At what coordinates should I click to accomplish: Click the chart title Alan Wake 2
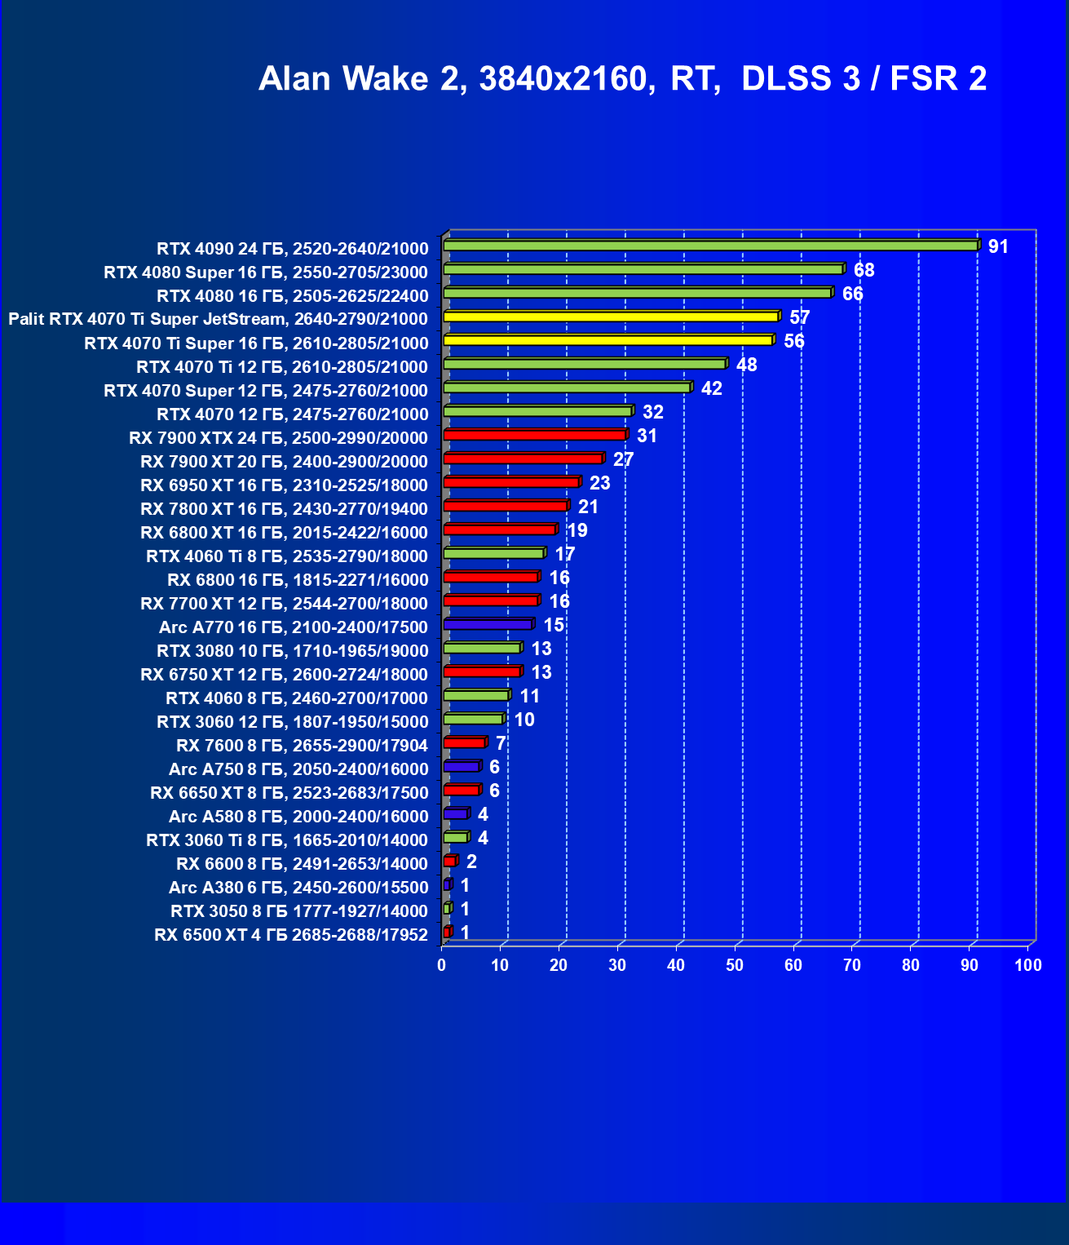point(622,78)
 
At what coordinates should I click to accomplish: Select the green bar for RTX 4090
point(710,246)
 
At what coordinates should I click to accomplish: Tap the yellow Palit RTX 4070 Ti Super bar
point(611,317)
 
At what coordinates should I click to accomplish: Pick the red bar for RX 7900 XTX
point(535,435)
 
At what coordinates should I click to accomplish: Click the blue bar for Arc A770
point(488,624)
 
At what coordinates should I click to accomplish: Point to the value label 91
point(998,246)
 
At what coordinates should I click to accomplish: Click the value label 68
point(864,270)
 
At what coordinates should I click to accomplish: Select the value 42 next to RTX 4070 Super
point(711,388)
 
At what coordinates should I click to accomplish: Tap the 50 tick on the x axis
point(735,966)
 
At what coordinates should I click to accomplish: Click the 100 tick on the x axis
point(1028,966)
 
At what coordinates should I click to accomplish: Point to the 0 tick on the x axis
point(442,966)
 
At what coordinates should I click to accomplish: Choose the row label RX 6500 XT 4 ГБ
point(291,935)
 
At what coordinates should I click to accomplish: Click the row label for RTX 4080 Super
point(266,272)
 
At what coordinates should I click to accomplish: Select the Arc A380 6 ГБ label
point(298,888)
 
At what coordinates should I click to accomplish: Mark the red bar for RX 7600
point(465,742)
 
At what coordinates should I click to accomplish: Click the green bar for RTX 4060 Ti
point(493,553)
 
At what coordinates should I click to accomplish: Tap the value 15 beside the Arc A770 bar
point(554,625)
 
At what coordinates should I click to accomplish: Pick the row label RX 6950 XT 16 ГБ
point(284,485)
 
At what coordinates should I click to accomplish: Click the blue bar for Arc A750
point(462,766)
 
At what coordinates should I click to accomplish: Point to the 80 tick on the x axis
point(911,966)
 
